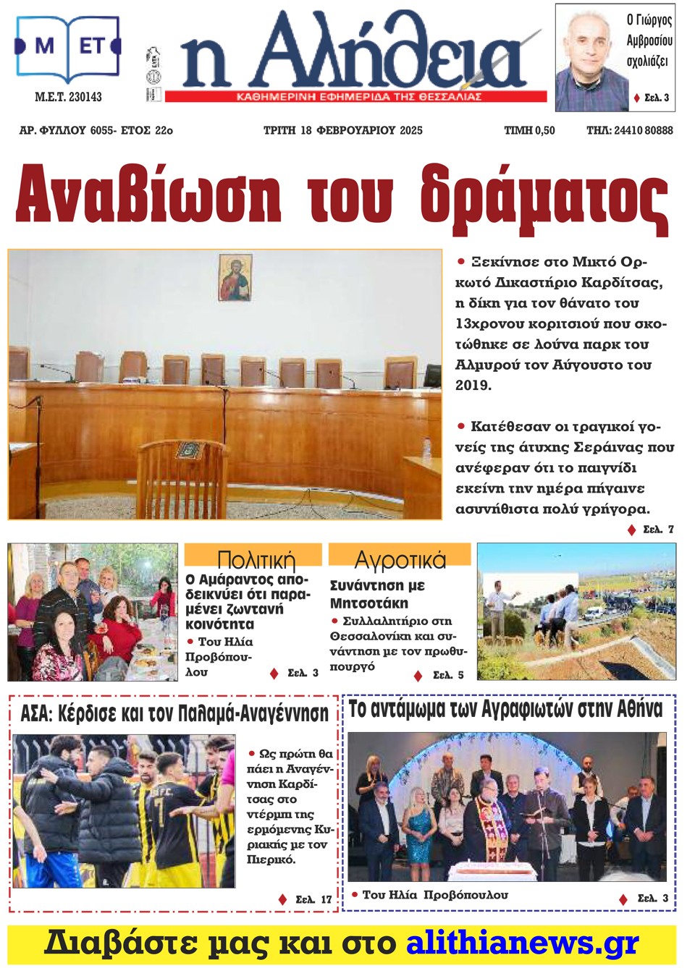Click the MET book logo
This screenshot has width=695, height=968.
[x=67, y=47]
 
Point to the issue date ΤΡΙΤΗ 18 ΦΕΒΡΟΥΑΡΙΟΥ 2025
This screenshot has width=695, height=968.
[x=342, y=130]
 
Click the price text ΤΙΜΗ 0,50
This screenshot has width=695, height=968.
[x=529, y=130]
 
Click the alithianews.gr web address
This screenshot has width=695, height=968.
[x=522, y=943]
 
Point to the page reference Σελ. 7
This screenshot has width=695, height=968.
[x=658, y=530]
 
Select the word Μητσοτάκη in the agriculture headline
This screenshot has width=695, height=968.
[x=369, y=603]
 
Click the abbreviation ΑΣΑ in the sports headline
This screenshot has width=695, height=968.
[x=36, y=714]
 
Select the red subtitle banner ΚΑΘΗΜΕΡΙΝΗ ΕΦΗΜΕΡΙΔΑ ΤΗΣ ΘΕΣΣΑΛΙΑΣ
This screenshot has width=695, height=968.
[x=358, y=97]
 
